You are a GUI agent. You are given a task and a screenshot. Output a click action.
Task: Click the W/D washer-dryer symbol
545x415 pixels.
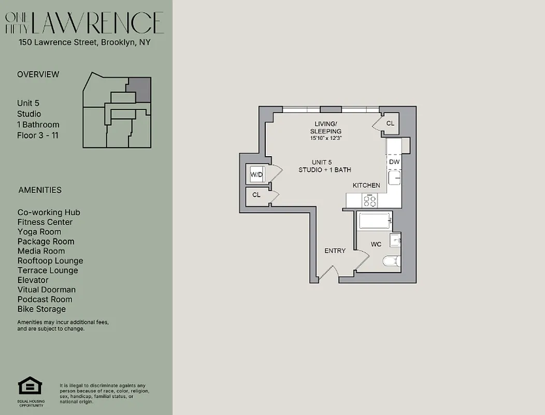(257, 174)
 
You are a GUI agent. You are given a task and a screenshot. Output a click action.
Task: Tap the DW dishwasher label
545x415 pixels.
(394, 162)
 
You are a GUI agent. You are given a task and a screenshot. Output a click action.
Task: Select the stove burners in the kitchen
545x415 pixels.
(370, 200)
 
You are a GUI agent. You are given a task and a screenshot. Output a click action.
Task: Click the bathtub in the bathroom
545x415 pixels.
(374, 222)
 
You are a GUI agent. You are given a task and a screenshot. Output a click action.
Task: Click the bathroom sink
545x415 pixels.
(396, 240)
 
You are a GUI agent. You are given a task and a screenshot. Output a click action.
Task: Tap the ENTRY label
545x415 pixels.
(335, 251)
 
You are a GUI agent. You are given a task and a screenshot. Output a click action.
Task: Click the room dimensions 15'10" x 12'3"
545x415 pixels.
(326, 139)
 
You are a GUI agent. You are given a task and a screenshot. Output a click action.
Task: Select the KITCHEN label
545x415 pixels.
(366, 185)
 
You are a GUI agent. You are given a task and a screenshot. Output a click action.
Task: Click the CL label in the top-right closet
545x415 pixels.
(390, 123)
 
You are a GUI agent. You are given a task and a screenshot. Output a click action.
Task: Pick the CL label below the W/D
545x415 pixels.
(256, 195)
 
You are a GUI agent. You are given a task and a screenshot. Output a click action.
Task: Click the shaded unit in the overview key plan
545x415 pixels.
(139, 89)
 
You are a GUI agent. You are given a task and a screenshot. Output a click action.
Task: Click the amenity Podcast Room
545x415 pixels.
(45, 299)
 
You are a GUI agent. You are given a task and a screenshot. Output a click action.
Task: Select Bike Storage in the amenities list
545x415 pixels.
(41, 309)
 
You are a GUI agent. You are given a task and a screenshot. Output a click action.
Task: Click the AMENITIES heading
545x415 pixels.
(40, 190)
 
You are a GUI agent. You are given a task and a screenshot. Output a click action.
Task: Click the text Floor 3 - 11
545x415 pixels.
(38, 135)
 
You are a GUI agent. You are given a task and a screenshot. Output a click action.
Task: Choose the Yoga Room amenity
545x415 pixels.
(39, 232)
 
